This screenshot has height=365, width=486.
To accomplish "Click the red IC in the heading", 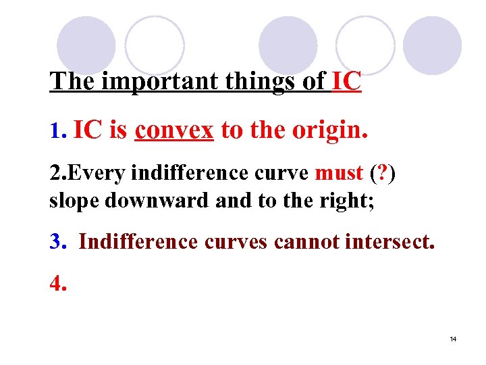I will click(x=347, y=81).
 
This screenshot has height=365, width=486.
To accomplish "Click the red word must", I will click(x=339, y=173).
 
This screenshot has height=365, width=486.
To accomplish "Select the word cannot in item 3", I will click(x=307, y=242).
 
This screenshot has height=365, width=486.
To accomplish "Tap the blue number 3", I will click(x=57, y=242).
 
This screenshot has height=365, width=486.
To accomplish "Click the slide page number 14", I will click(x=453, y=339).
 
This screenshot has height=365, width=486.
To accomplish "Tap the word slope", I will click(x=72, y=201).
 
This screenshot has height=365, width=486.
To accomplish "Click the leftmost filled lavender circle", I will click(x=86, y=45).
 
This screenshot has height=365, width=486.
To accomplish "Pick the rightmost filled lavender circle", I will click(x=433, y=45).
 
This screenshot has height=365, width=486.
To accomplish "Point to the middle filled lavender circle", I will click(x=288, y=45).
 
